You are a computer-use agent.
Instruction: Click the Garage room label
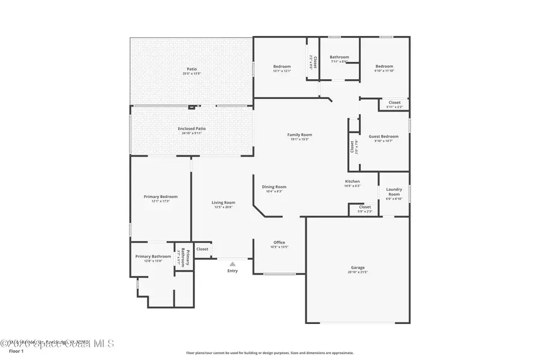tap(358, 268)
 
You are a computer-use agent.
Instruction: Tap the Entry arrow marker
tap(232, 263)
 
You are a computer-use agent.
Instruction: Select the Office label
tap(279, 242)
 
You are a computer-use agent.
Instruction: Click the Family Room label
tap(299, 135)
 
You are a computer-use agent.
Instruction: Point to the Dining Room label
tap(274, 187)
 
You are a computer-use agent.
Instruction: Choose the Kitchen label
tap(352, 181)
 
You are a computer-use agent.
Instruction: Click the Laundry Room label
tap(394, 192)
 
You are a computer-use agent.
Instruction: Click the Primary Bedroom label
tap(160, 197)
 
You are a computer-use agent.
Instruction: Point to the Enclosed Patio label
tap(191, 128)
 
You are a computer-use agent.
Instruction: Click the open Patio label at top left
tap(191, 69)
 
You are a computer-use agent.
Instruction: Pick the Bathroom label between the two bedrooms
tap(339, 57)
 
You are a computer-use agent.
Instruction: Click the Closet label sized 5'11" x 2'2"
tap(394, 103)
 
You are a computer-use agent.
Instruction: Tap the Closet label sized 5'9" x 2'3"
tap(365, 207)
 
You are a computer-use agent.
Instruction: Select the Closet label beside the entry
tap(202, 249)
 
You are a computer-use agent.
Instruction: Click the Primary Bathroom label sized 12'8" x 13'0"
tap(153, 256)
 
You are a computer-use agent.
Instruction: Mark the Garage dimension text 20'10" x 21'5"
tap(358, 272)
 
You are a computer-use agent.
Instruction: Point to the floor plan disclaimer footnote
tap(269, 353)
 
